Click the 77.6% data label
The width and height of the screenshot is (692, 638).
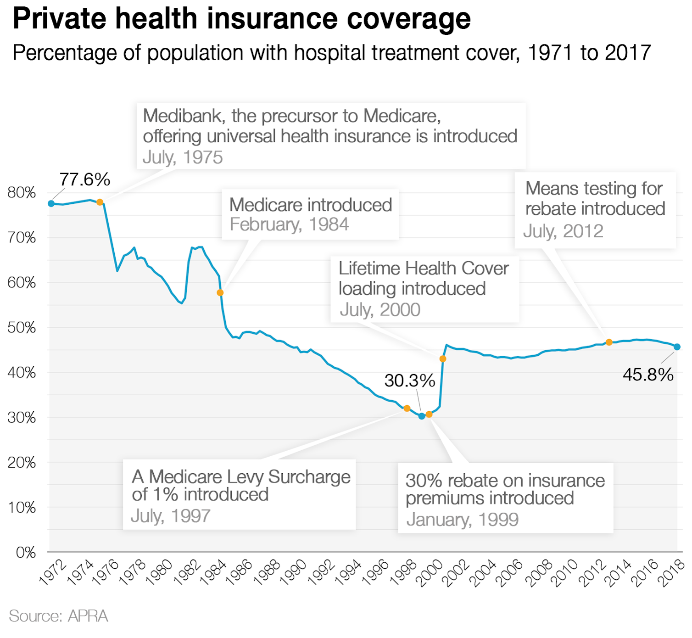tap(85, 179)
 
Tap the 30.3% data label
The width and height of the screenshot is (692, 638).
tap(409, 381)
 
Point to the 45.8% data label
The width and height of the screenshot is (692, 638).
tap(647, 375)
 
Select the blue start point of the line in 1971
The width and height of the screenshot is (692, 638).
tap(51, 203)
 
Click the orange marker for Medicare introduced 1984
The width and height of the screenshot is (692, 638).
tap(220, 292)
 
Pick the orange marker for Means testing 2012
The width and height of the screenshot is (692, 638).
tap(609, 342)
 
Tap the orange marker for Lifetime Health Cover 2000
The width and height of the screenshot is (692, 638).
tap(442, 358)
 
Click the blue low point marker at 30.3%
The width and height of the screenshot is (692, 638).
tap(422, 416)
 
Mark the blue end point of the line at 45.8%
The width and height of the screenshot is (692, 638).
tap(677, 347)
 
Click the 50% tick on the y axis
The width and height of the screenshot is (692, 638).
tap(22, 328)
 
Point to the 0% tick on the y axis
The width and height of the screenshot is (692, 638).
tap(26, 552)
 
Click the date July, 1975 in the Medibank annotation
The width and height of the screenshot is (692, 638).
tap(183, 157)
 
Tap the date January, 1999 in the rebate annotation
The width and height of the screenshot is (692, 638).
tap(462, 520)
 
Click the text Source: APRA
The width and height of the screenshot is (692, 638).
tap(58, 616)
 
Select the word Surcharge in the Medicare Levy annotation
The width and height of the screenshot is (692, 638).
tap(309, 477)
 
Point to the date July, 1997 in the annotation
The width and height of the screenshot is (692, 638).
tap(170, 516)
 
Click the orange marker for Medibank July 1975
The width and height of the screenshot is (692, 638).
tap(100, 202)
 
